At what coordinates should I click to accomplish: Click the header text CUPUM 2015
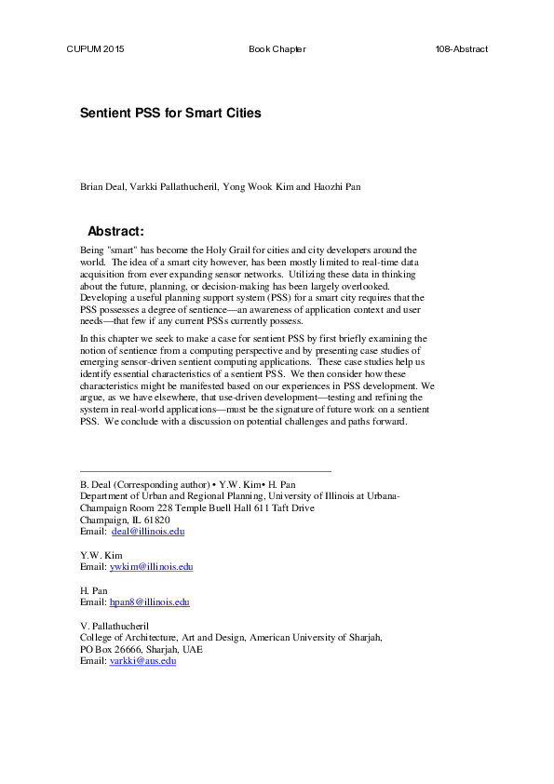coord(94,48)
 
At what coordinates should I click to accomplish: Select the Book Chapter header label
coord(277,48)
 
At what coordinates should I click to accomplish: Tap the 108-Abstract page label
coord(461,48)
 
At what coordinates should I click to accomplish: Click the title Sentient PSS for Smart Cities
coord(170,114)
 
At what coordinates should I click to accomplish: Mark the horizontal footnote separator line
coord(206,471)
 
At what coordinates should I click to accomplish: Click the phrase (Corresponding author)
coord(160,486)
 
